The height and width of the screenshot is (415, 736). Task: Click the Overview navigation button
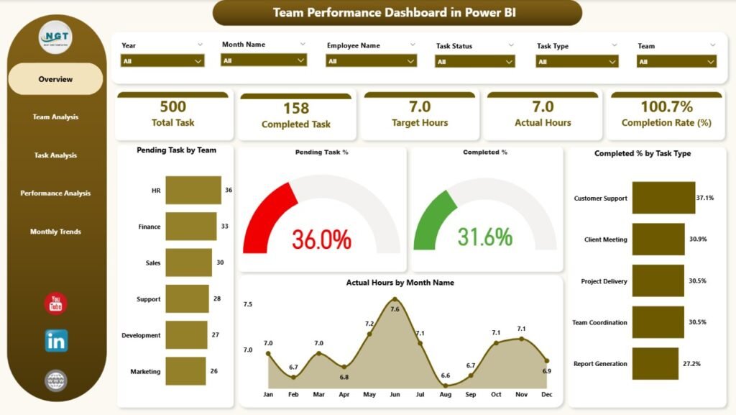point(55,79)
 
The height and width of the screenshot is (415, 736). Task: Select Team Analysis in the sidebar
point(55,117)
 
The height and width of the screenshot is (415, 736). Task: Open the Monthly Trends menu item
point(55,232)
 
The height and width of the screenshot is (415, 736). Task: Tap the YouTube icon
point(55,304)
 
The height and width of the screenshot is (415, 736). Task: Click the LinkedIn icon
point(55,341)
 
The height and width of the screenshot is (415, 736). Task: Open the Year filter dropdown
point(162,61)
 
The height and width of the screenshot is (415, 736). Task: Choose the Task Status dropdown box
point(474,62)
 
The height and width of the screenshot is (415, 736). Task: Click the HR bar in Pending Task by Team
point(193,190)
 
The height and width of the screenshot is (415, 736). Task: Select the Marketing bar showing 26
point(185,371)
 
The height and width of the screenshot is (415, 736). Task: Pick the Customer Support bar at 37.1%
point(663,198)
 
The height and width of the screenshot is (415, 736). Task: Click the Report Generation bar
point(655,364)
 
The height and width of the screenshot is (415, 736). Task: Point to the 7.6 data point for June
point(395,299)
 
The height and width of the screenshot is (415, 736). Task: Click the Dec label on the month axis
point(547,395)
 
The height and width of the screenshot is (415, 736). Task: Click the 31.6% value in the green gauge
point(483,237)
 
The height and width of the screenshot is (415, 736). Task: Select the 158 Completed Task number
point(295,109)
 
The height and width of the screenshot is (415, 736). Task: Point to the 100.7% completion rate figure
point(666,106)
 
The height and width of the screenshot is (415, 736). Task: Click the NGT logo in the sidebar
point(55,37)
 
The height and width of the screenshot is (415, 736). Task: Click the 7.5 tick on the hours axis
point(248,304)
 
